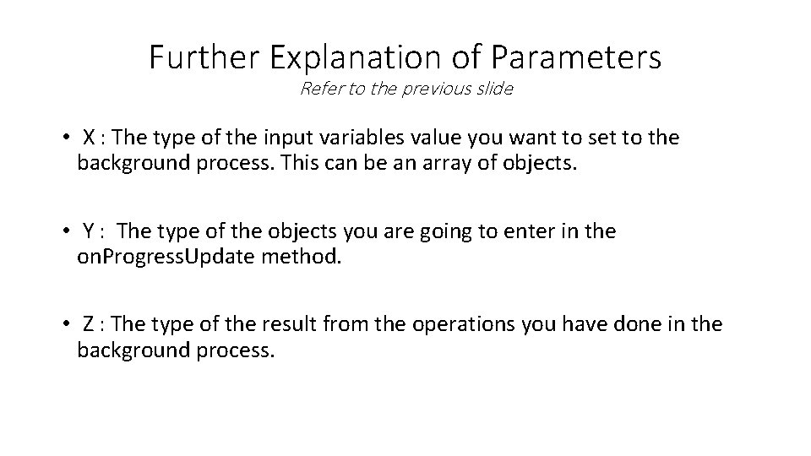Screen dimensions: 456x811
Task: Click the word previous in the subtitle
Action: click(433, 88)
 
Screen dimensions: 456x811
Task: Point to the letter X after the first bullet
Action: click(89, 137)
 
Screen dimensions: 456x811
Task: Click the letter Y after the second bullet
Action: click(89, 231)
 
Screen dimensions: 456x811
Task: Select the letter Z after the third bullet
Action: click(89, 323)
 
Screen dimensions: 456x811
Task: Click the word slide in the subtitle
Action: click(494, 88)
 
